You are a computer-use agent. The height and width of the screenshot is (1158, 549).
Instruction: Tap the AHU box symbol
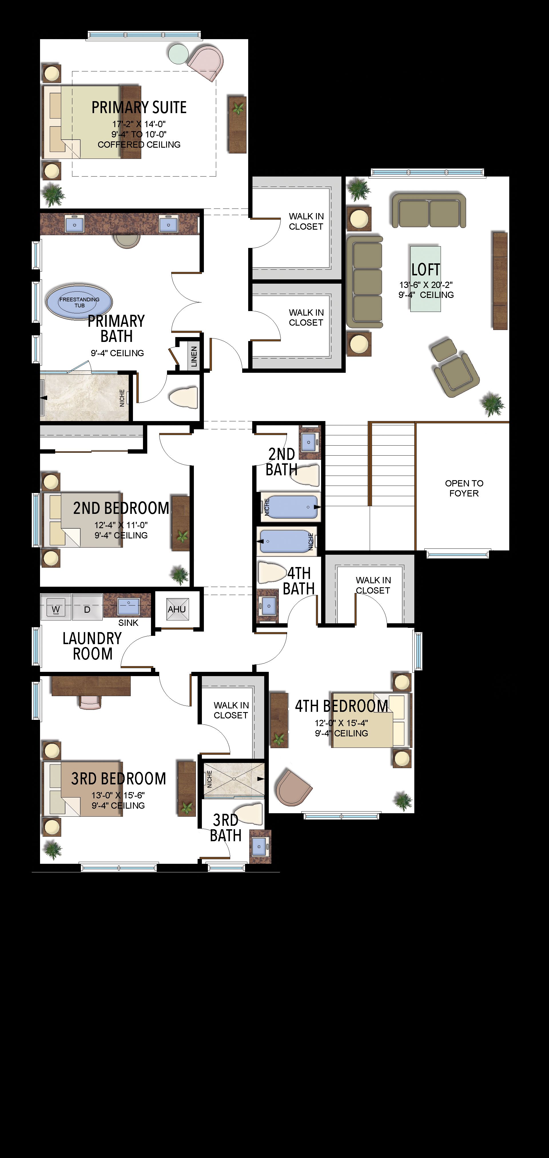pyautogui.click(x=176, y=609)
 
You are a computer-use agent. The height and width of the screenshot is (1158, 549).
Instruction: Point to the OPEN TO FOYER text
pyautogui.click(x=464, y=488)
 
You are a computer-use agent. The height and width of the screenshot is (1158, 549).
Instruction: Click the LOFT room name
pyautogui.click(x=425, y=269)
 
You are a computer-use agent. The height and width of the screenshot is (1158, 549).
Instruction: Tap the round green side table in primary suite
pyautogui.click(x=178, y=53)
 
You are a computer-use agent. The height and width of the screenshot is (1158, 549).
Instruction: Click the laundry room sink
pyautogui.click(x=128, y=606)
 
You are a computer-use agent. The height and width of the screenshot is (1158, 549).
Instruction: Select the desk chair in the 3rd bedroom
pyautogui.click(x=90, y=702)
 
